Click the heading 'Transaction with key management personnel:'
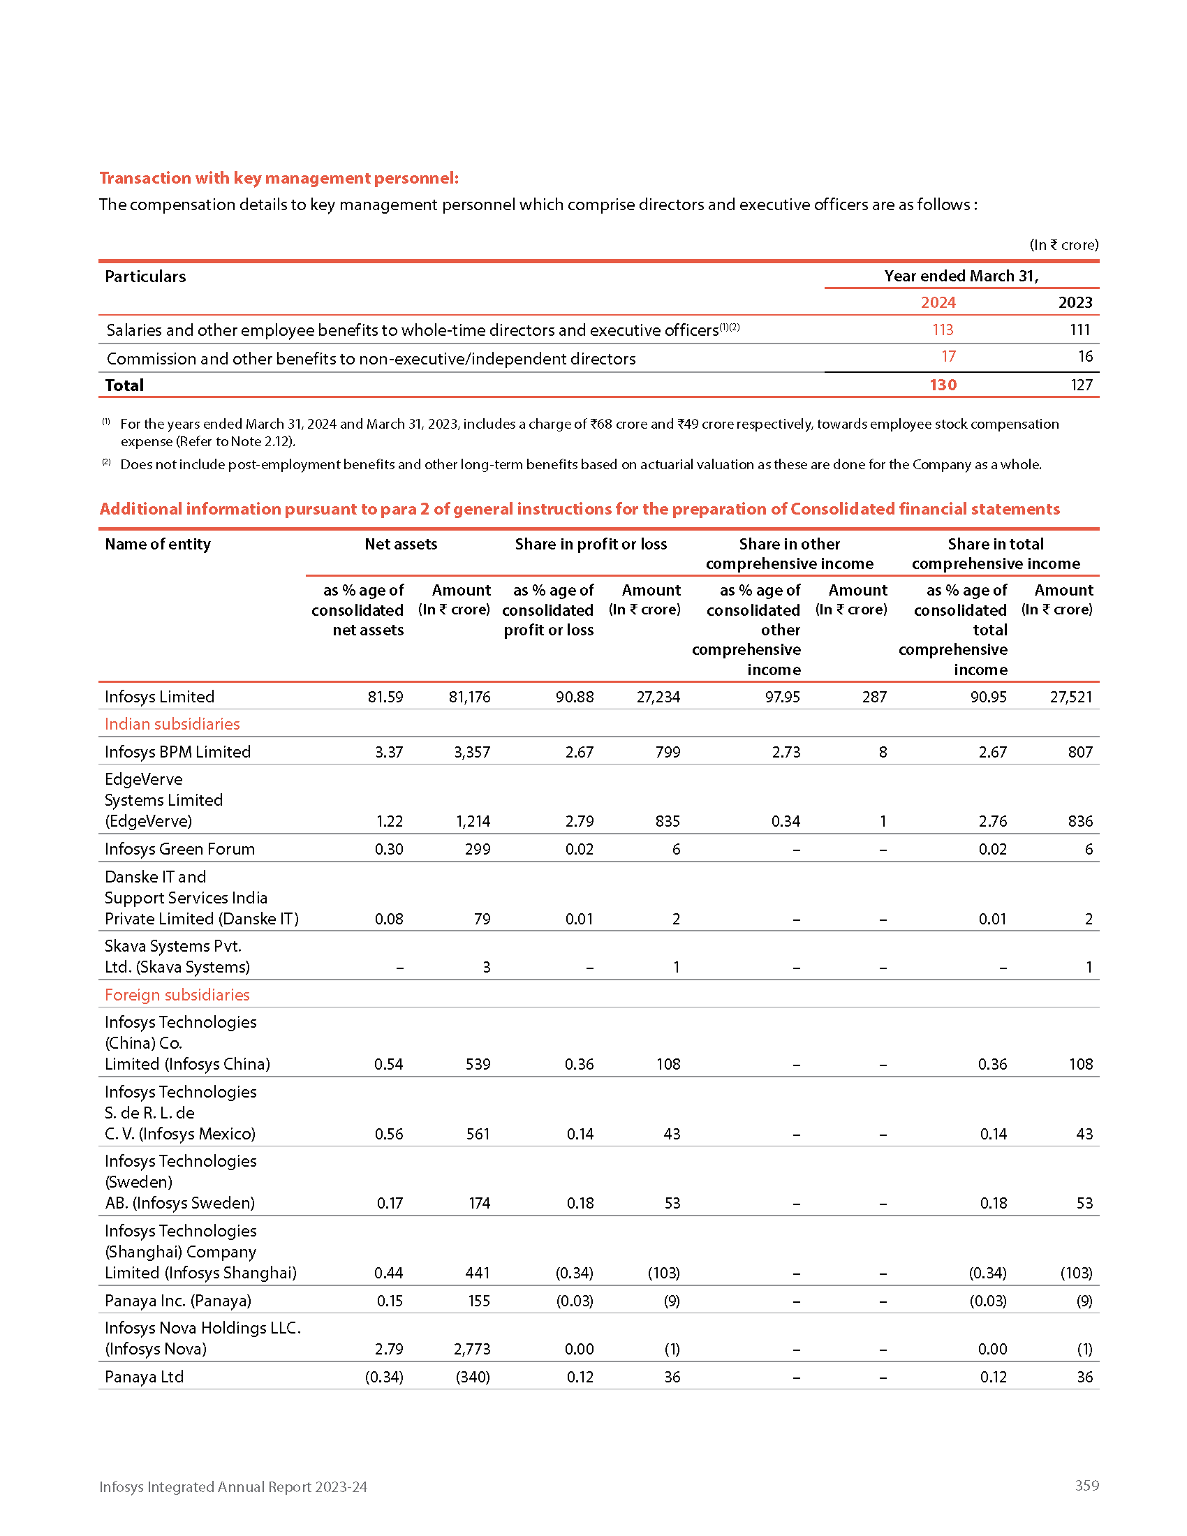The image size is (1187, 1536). [279, 178]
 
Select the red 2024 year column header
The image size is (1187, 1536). [938, 302]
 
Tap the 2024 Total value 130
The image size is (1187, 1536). [943, 385]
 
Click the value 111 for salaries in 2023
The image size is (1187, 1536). [1079, 330]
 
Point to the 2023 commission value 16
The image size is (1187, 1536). [1085, 357]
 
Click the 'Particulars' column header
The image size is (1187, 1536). [145, 276]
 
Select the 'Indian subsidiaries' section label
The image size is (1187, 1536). [172, 724]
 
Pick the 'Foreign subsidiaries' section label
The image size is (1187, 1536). [177, 994]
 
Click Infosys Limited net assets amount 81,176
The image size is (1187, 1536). [469, 697]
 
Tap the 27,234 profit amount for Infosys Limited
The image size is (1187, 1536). [658, 697]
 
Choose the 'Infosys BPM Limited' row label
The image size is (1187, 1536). [178, 752]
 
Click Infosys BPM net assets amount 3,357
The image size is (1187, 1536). [472, 752]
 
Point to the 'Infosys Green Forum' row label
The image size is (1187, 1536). [180, 849]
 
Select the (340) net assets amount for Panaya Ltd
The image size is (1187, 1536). [473, 1376]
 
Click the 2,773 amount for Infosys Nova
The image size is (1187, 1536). [472, 1349]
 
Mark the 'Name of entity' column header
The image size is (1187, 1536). [158, 544]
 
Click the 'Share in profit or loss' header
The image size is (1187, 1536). [591, 544]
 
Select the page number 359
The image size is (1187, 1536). [1086, 1485]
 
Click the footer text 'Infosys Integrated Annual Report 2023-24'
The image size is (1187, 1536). [233, 1486]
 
